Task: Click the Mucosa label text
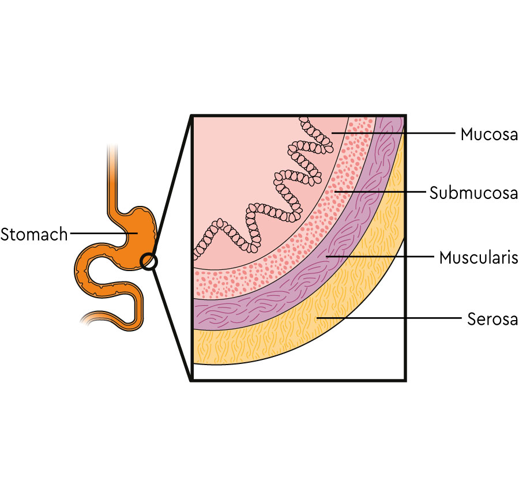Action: click(x=488, y=135)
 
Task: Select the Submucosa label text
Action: click(x=473, y=193)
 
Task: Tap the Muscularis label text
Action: click(x=478, y=257)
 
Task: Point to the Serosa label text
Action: click(x=492, y=319)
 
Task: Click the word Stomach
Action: click(x=34, y=235)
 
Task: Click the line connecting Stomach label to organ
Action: click(x=98, y=234)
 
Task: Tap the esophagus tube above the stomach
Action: click(x=112, y=173)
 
